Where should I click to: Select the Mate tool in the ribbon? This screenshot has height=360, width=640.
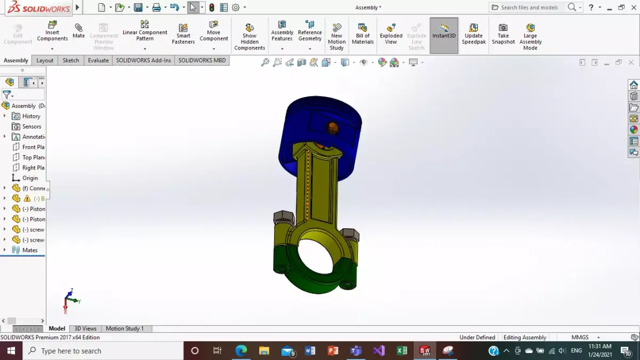click(78, 30)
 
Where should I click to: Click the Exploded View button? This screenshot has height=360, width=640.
click(391, 34)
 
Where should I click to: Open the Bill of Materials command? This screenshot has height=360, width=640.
click(363, 34)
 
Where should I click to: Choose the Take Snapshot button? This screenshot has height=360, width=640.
click(503, 34)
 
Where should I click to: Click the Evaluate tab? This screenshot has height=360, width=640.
click(98, 60)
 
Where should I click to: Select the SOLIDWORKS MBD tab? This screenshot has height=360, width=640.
click(202, 60)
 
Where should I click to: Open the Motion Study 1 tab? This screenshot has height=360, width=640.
click(125, 329)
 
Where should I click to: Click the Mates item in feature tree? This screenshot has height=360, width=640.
click(30, 250)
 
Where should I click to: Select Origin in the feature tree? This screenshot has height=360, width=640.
click(30, 178)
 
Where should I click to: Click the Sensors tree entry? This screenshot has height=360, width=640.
click(31, 126)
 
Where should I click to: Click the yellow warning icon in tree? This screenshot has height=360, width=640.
click(27, 198)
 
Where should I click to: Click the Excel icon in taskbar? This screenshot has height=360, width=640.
click(402, 350)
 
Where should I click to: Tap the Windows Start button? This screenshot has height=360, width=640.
click(11, 350)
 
